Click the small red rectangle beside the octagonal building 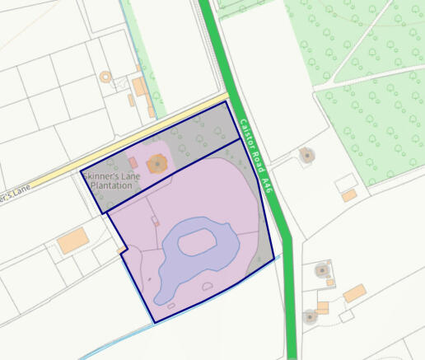click(x=133, y=163)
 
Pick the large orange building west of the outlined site click(x=72, y=241)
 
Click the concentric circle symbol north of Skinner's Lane click(x=105, y=77)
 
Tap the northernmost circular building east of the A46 click(x=306, y=154)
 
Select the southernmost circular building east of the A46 click(x=310, y=316)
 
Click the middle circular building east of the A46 click(x=321, y=269)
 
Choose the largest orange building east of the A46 click(x=355, y=292)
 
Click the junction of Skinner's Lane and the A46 click(x=229, y=100)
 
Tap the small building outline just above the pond click(x=155, y=220)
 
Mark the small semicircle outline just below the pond click(x=207, y=285)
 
